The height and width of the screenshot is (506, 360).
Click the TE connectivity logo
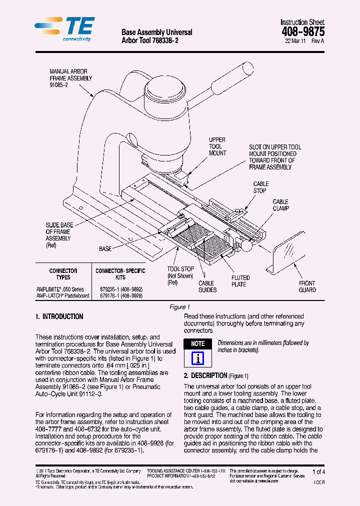(63, 29)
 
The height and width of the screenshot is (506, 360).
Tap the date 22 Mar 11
(296, 41)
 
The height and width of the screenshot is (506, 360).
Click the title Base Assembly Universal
(156, 32)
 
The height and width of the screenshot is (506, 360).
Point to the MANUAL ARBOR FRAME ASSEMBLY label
(70, 78)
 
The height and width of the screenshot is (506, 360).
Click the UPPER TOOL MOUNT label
(217, 146)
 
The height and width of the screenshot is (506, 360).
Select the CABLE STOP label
(260, 187)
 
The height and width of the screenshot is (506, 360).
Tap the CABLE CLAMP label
(280, 205)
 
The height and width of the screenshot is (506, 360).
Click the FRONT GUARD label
(307, 286)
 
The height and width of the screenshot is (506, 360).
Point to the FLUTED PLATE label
(240, 281)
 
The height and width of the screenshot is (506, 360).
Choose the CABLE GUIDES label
(207, 286)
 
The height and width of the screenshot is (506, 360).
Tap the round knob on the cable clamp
(246, 245)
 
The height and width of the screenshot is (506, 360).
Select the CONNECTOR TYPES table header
(63, 274)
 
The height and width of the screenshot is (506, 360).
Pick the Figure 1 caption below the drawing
(179, 307)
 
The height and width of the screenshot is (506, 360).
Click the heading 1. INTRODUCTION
(59, 317)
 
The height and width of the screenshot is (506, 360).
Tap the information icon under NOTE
(198, 358)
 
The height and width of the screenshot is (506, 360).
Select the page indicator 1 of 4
(318, 471)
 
